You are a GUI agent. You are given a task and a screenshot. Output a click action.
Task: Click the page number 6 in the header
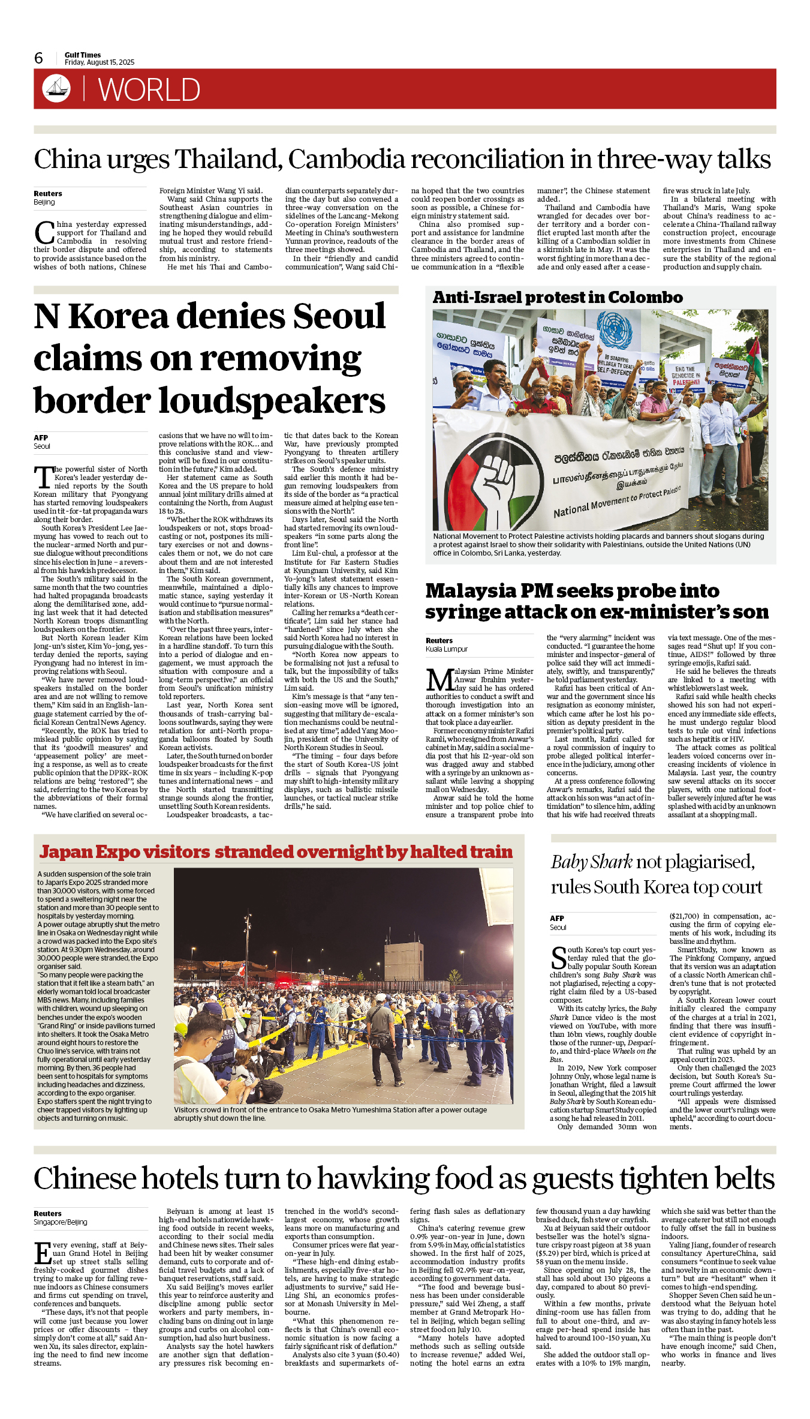tap(39, 58)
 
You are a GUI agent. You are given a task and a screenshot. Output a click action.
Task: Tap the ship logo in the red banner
tap(56, 88)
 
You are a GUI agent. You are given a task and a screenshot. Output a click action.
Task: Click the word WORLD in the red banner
tap(149, 90)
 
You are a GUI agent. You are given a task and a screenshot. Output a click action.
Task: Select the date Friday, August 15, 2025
tap(100, 62)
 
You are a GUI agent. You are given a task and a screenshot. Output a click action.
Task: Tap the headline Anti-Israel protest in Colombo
tap(558, 298)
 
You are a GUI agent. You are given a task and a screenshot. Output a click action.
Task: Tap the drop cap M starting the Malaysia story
tap(439, 679)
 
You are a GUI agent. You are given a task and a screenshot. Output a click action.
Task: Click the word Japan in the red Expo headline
tap(65, 852)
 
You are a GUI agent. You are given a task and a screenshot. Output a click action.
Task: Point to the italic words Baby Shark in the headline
tap(591, 862)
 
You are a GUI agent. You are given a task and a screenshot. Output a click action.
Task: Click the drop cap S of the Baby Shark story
tap(558, 958)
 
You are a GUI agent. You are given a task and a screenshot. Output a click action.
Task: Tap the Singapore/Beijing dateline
tap(60, 1222)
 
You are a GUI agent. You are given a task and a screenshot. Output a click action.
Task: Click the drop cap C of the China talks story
tap(44, 233)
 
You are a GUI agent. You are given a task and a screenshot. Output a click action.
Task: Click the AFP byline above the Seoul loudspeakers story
tap(41, 438)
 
